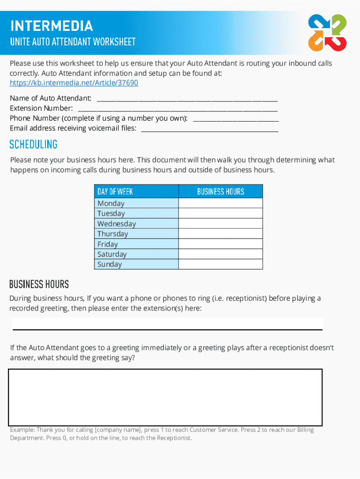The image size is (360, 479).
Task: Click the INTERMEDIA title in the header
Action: pos(51,26)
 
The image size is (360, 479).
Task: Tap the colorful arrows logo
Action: pos(327,32)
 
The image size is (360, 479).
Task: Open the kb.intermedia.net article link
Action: pos(74,83)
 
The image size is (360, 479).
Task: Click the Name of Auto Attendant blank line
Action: pos(187,99)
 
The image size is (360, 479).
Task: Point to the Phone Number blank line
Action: pos(236,119)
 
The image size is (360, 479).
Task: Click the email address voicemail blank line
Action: pos(209,129)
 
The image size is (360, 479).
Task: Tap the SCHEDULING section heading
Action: pos(34,144)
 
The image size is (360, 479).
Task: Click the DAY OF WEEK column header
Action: pos(115,191)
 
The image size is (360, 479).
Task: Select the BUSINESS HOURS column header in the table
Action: pos(221,191)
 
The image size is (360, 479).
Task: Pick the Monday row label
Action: pos(111,203)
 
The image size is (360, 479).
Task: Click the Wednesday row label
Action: pos(116,224)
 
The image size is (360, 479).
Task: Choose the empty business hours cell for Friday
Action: pos(221,244)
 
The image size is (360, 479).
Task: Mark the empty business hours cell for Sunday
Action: pos(221,264)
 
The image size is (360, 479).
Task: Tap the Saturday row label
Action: pos(112,254)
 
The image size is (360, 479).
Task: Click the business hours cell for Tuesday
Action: pos(221,213)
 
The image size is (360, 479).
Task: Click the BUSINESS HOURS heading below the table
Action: pos(39,284)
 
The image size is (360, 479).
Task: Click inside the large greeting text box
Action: pos(165,397)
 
